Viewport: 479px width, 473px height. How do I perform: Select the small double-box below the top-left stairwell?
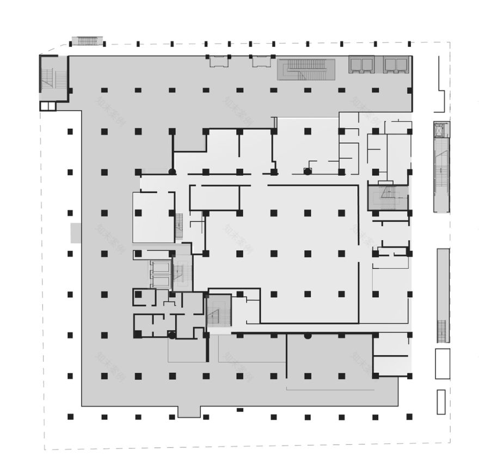click(48, 106)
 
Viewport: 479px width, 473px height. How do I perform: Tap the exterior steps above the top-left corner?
click(87, 41)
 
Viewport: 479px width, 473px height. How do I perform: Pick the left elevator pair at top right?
click(361, 64)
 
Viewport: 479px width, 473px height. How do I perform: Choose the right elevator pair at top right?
click(396, 64)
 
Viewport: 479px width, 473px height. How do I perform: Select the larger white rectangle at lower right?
click(443, 363)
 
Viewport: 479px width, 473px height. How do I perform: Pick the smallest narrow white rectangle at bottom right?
click(441, 402)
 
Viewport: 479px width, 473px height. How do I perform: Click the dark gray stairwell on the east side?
click(388, 197)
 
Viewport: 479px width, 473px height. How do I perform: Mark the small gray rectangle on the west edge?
click(76, 233)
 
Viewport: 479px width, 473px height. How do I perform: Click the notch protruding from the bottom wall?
click(189, 411)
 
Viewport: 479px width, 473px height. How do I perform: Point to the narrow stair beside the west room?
click(179, 226)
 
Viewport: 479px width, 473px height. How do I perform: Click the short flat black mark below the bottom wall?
click(239, 410)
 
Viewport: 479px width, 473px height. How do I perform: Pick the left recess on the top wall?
click(218, 61)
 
